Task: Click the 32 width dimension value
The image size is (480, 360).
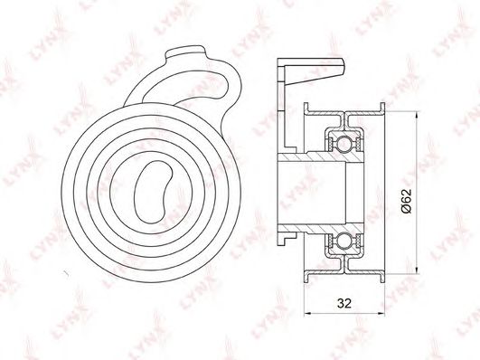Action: point(344,303)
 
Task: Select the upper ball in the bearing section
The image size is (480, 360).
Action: point(345,143)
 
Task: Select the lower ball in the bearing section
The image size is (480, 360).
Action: point(345,241)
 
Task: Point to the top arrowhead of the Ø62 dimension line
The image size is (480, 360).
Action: point(417,116)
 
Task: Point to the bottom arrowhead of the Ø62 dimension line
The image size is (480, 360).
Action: point(417,269)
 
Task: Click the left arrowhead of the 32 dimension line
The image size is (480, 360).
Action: point(308,313)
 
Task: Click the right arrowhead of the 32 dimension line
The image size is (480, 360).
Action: point(380,313)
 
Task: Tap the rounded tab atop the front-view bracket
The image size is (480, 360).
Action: point(185,52)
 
